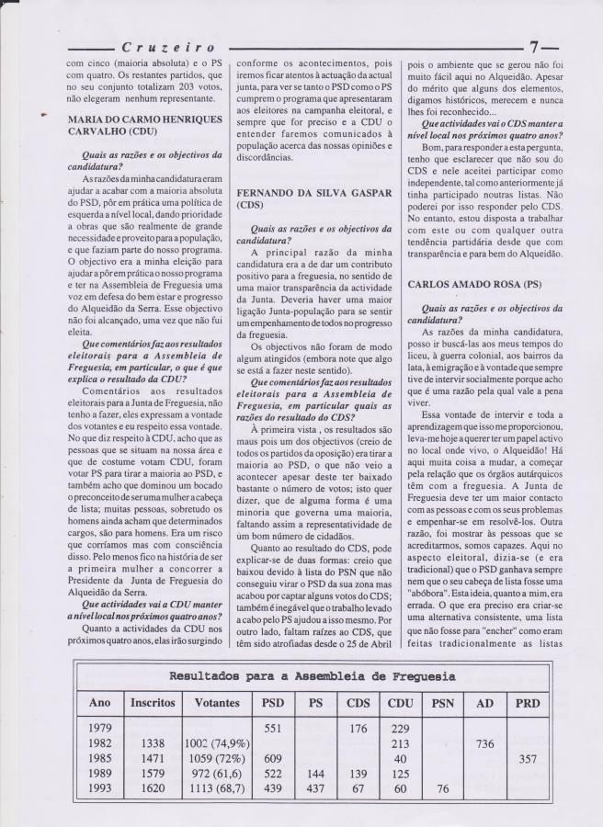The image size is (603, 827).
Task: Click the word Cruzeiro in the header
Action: pyautogui.click(x=168, y=46)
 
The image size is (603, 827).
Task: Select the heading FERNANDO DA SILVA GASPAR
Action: pyautogui.click(x=291, y=193)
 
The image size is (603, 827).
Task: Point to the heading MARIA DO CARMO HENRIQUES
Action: pyautogui.click(x=142, y=119)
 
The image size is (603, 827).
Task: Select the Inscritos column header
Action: pyautogui.click(x=153, y=702)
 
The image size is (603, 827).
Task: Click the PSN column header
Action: pyautogui.click(x=443, y=702)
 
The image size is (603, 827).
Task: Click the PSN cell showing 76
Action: pyautogui.click(x=441, y=789)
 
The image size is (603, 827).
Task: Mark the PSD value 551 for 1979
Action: pyautogui.click(x=272, y=727)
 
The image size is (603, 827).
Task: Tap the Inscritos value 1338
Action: pyautogui.click(x=153, y=742)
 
